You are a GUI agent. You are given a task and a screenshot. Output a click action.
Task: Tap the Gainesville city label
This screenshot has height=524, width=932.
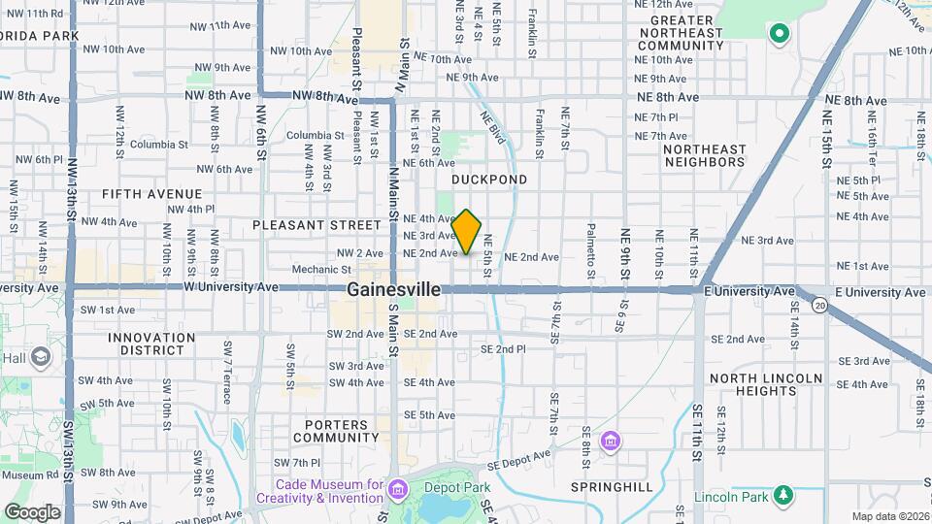tap(393, 289)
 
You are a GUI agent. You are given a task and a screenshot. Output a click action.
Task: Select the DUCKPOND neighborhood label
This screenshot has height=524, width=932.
tap(489, 180)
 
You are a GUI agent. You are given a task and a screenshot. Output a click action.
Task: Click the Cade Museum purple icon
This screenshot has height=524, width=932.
tap(398, 485)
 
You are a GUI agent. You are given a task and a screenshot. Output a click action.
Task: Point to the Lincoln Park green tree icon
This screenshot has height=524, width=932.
tap(782, 497)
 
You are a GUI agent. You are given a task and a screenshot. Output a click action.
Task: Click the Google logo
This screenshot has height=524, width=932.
tap(32, 511)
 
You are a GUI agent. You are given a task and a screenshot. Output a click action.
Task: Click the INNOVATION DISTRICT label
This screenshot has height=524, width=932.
tap(151, 344)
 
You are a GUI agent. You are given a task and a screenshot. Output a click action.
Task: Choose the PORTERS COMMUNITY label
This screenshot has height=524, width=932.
tap(336, 431)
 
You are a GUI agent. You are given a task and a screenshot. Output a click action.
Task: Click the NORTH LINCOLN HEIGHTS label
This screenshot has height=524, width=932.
tap(766, 384)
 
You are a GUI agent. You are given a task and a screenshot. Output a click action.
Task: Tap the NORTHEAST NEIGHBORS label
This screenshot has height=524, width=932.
tap(705, 155)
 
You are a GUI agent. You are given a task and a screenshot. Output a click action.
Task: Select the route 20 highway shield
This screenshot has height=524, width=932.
tap(821, 307)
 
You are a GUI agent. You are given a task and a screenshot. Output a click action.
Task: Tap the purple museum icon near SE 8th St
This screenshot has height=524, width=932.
tap(610, 442)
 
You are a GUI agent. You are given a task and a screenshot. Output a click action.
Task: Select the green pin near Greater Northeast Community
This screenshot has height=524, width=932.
tap(778, 35)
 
